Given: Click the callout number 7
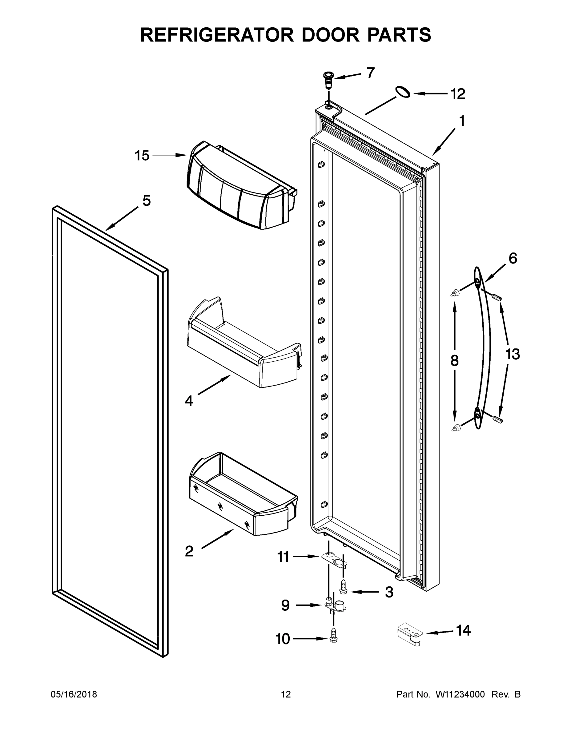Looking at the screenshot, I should (x=371, y=73).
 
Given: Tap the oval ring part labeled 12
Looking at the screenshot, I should (x=403, y=92).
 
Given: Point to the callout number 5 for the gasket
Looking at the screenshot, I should (x=146, y=201).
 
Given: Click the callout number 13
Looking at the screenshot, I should (x=512, y=355).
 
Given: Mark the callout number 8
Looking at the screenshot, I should (x=454, y=361).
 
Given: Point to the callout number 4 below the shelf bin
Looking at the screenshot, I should (x=189, y=401).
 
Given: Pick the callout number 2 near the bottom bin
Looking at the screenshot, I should (x=189, y=551).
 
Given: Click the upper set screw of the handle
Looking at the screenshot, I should (x=496, y=297).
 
